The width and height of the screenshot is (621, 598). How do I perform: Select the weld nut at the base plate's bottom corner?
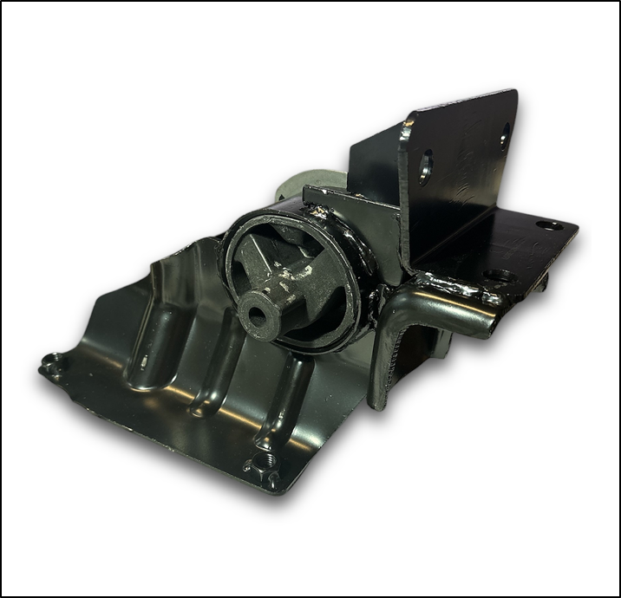coord(265,468)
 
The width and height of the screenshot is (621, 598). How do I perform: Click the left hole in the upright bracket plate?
coord(425,166)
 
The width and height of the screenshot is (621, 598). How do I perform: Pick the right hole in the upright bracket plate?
coord(505,137)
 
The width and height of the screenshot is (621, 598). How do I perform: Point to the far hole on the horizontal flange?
coord(549,225)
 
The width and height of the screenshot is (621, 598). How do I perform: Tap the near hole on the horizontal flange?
coord(499,276)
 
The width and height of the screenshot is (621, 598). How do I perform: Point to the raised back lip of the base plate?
coord(186,251)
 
